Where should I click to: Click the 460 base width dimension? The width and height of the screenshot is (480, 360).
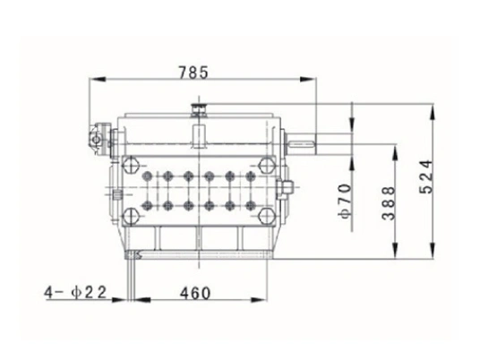[199, 292]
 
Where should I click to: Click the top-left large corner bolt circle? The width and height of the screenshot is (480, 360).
[132, 164]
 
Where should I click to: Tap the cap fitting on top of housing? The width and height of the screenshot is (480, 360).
[199, 112]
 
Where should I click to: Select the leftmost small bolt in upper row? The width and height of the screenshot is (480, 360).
[145, 176]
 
